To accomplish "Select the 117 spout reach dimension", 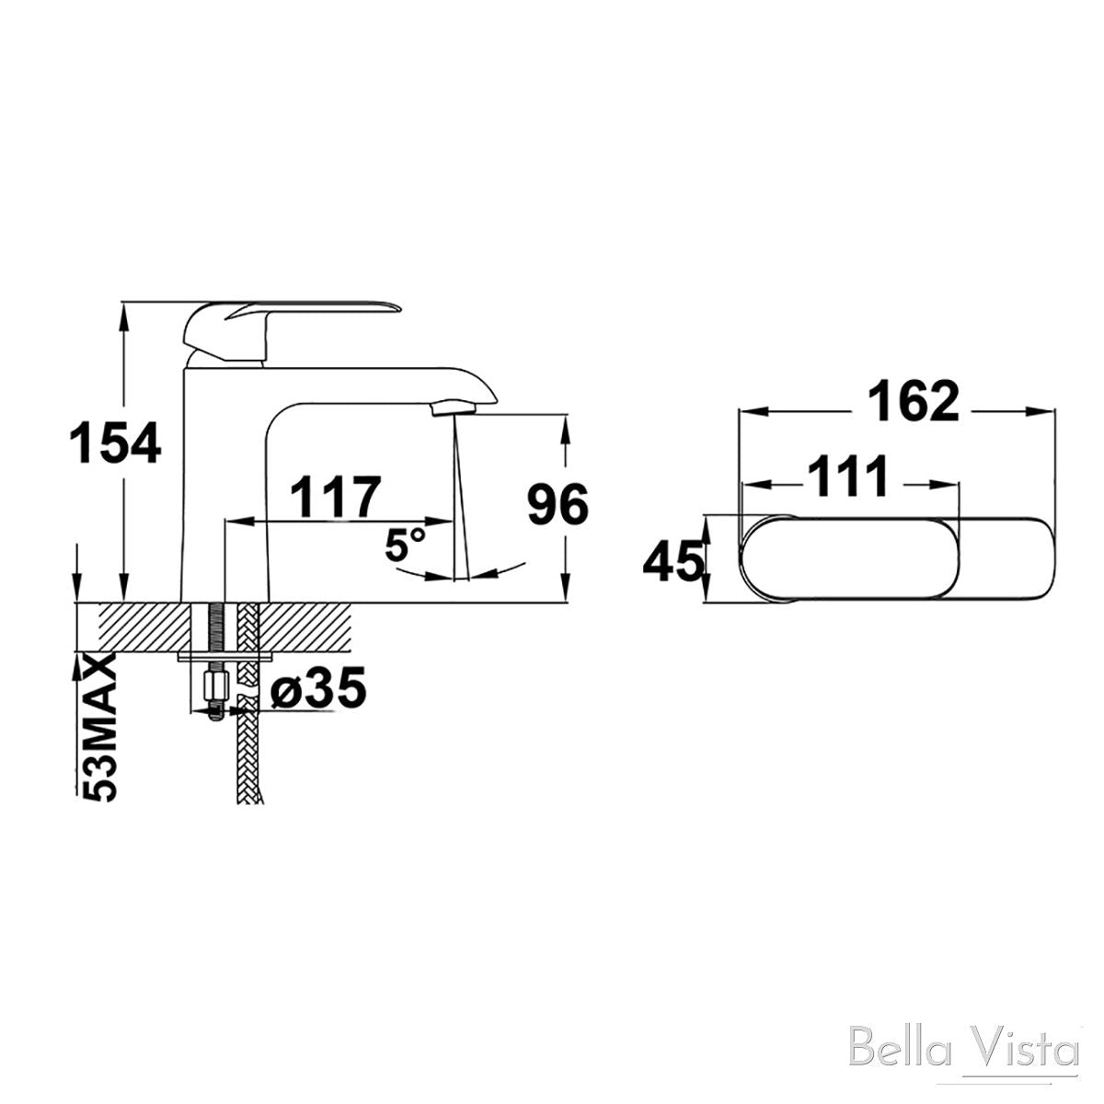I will point(335,498).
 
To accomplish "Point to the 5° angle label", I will point(405,546).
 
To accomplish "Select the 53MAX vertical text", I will point(98,728).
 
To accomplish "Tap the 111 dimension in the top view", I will point(849,477).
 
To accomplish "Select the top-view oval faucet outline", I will point(897,560).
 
